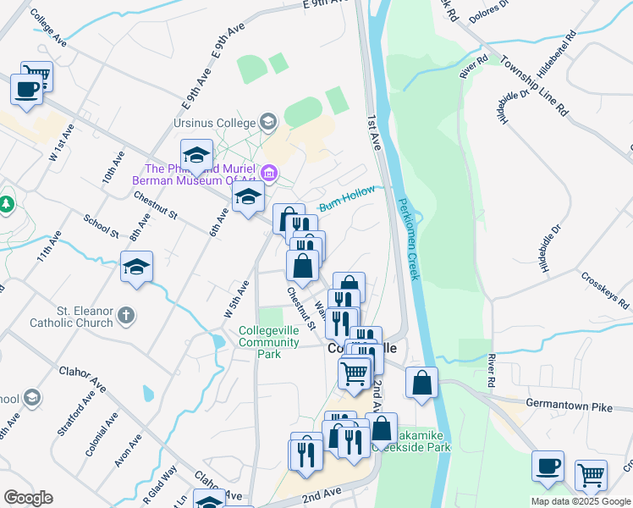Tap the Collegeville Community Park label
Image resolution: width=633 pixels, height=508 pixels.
point(268,342)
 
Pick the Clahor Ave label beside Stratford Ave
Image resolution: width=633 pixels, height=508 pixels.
point(81,378)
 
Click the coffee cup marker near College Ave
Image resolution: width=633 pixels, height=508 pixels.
point(26,89)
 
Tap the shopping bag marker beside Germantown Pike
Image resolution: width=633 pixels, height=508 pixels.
point(421,383)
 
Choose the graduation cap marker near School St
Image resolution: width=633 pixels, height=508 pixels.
point(136,267)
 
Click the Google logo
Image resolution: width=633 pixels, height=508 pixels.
point(28,498)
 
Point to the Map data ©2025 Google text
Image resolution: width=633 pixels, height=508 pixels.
point(581,501)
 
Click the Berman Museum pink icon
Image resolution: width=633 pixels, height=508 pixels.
point(270,174)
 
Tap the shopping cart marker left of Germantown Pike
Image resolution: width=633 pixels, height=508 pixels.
point(355,372)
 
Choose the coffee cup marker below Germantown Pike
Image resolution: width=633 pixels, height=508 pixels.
point(548,466)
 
